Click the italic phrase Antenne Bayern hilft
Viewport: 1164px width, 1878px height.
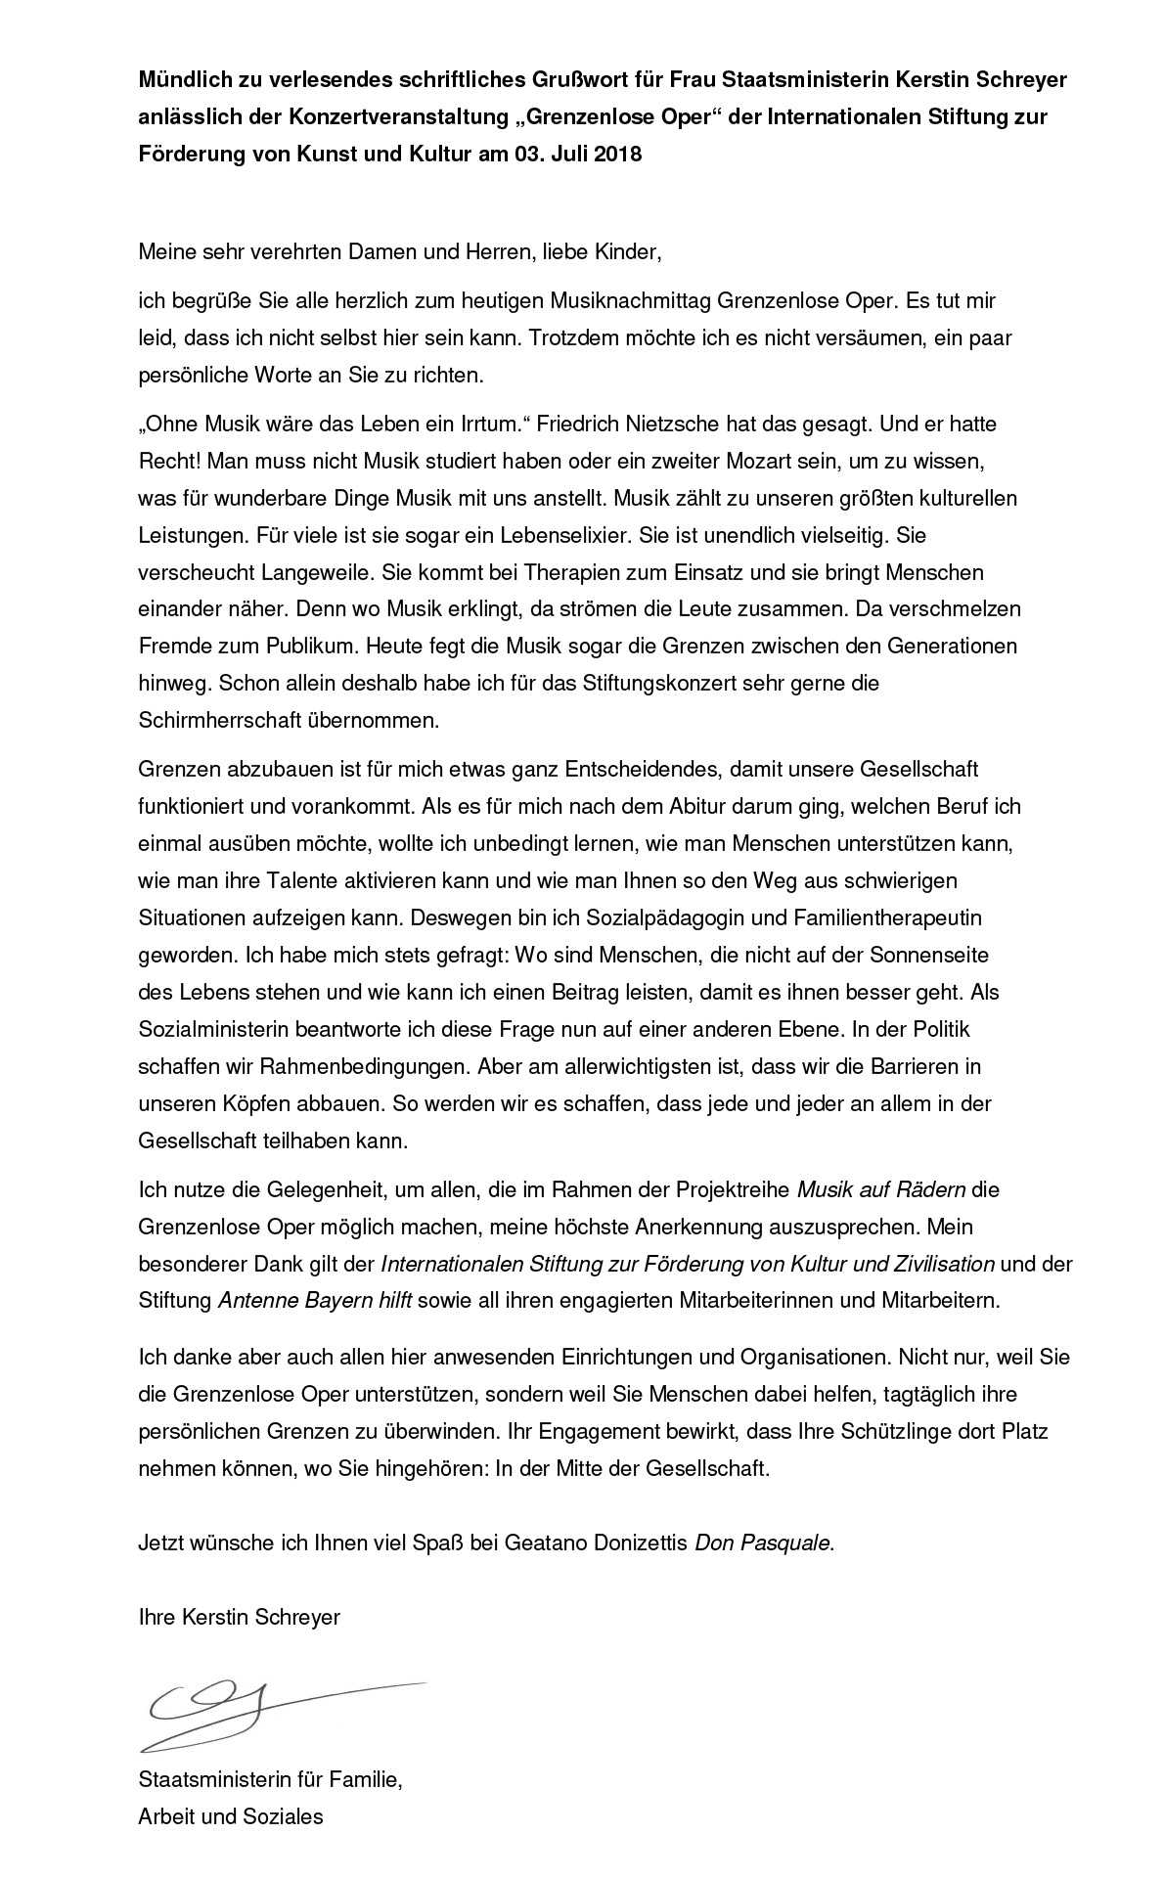[x=314, y=1301]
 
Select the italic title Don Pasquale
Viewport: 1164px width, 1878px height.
[x=762, y=1543]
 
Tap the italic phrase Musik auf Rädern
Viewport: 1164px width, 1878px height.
[x=881, y=1189]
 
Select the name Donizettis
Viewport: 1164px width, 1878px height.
[x=640, y=1543]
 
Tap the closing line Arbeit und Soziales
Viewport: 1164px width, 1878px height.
[x=231, y=1816]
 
